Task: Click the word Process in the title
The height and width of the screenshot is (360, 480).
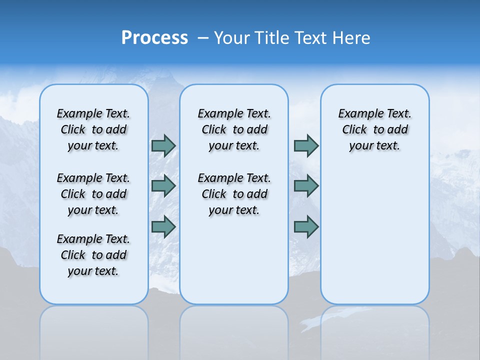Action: point(154,38)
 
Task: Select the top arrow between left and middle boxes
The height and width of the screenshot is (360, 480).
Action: point(163,145)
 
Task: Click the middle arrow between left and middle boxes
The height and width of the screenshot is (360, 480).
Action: point(163,186)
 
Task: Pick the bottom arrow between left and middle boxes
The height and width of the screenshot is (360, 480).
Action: point(163,226)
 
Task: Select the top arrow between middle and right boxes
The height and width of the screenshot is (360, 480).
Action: point(305,145)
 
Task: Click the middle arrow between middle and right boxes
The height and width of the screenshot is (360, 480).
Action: point(305,186)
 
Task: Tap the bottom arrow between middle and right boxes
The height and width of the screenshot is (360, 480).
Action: point(305,226)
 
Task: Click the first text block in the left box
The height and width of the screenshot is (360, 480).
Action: point(93,129)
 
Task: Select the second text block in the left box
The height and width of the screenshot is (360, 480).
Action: point(93,194)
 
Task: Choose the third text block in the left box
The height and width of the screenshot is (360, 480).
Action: point(93,255)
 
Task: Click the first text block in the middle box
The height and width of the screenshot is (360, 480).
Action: point(234,129)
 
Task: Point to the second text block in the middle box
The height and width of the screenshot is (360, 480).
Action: point(234,194)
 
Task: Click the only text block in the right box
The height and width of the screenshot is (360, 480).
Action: point(374,129)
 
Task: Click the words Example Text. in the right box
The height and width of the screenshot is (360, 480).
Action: point(374,114)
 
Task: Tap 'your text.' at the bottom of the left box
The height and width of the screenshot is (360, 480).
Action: point(93,271)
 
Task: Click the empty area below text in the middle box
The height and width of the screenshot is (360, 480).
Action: point(234,260)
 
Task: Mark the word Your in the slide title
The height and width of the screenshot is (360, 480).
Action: point(232,38)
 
